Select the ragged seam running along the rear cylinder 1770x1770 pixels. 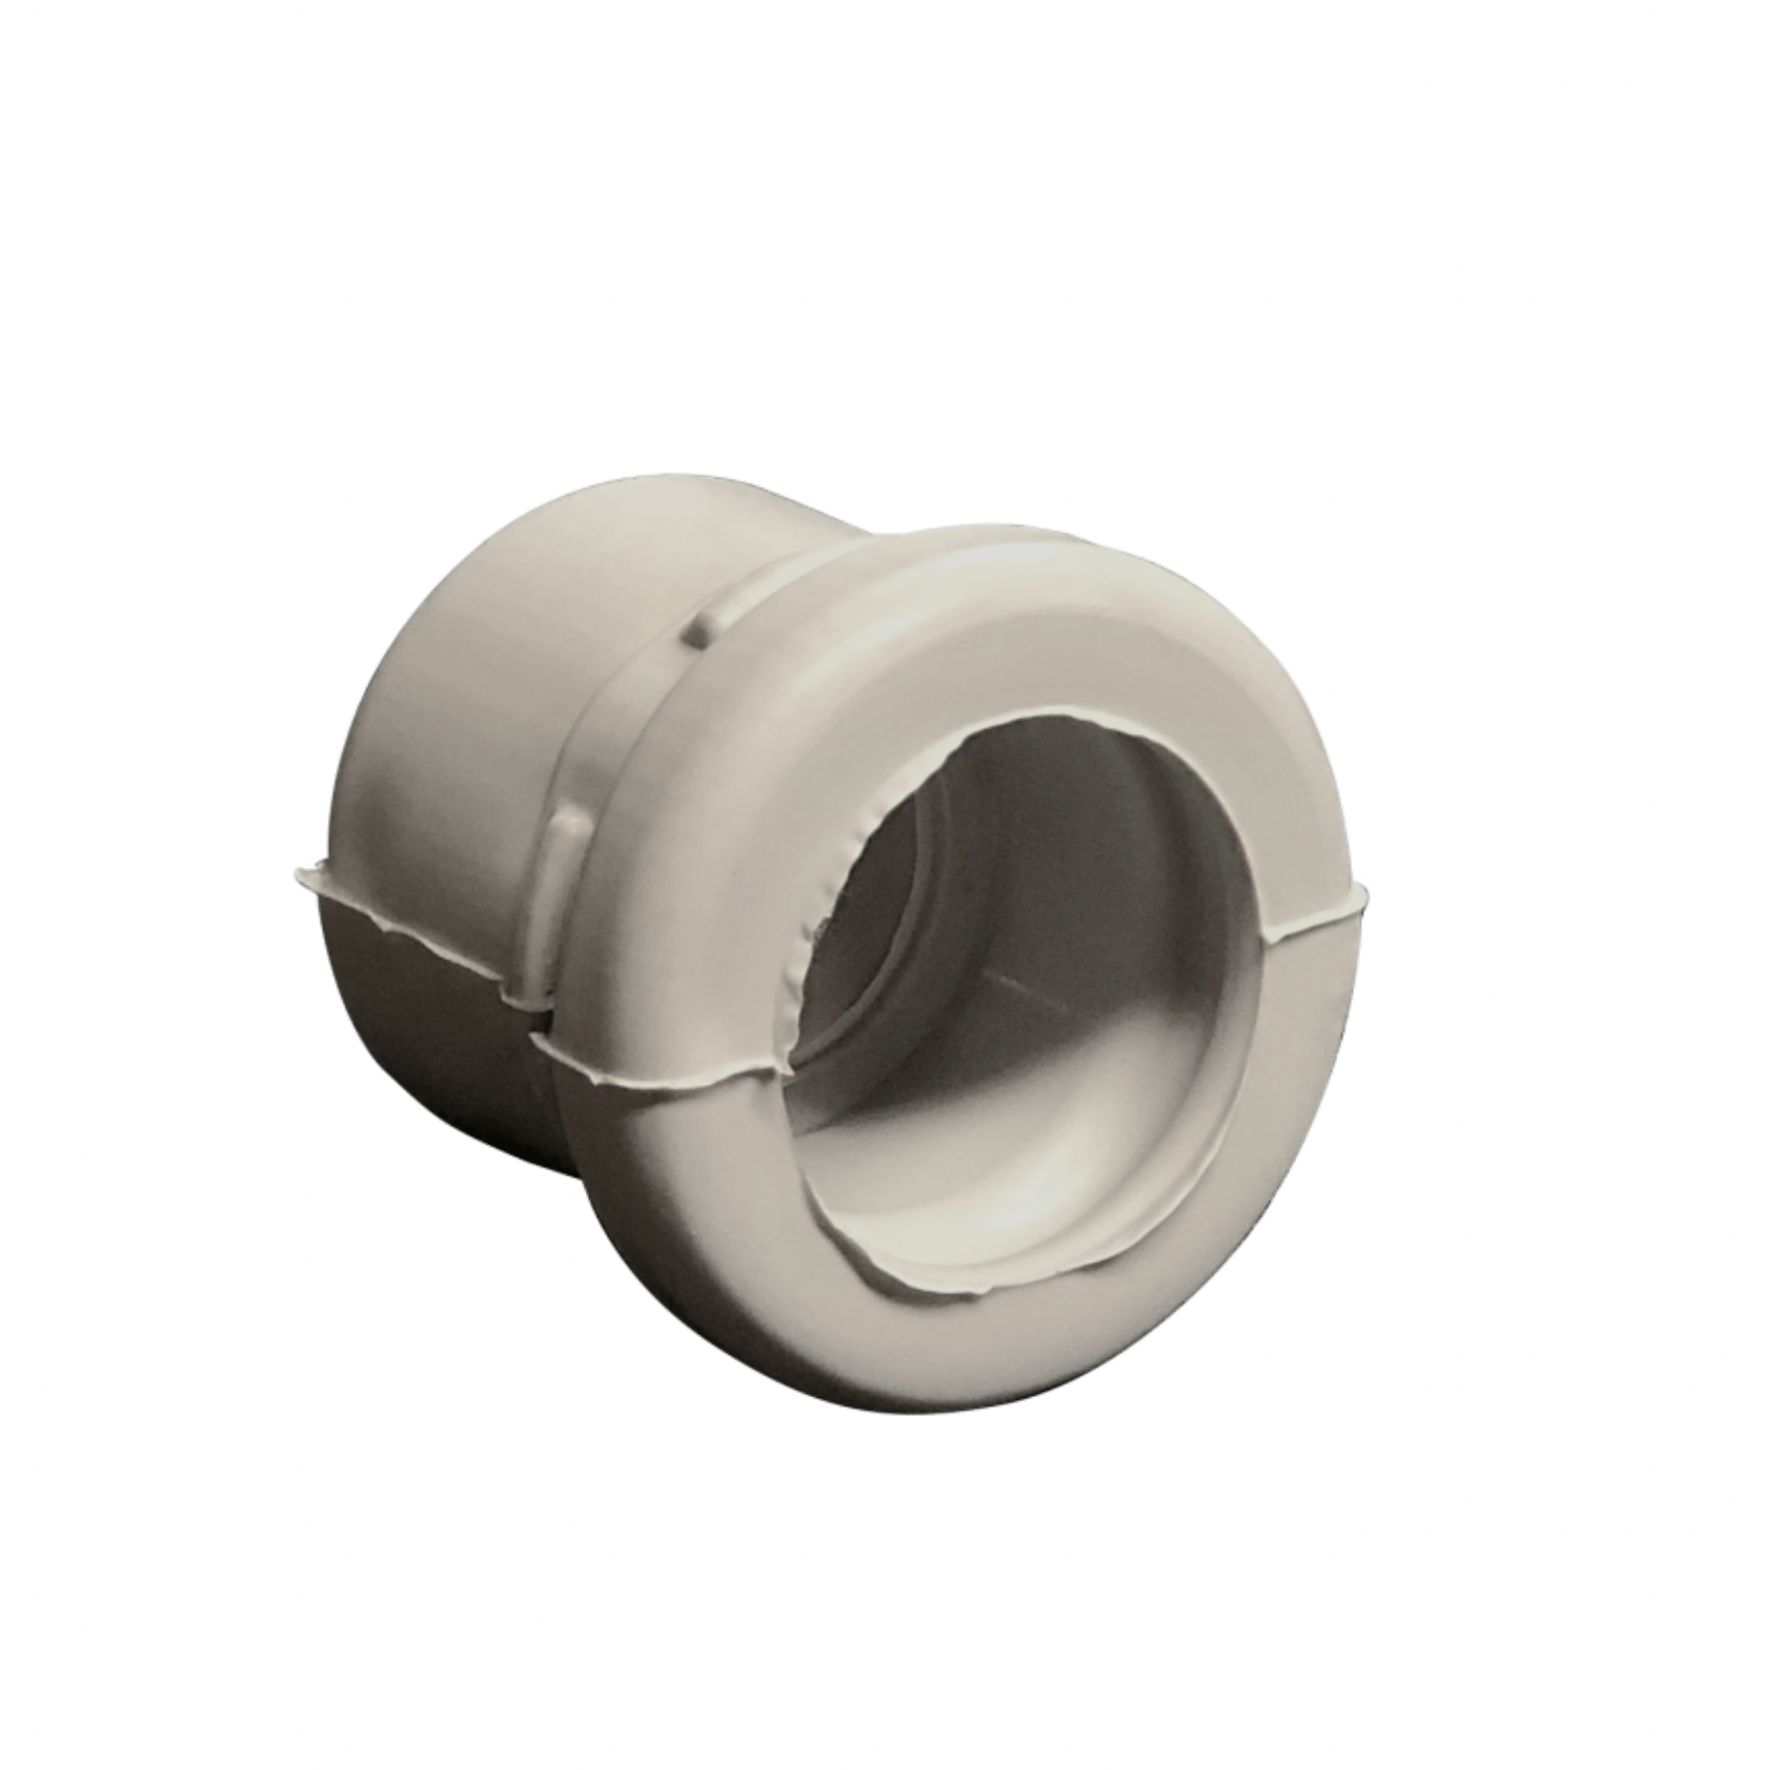pyautogui.click(x=412, y=925)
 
